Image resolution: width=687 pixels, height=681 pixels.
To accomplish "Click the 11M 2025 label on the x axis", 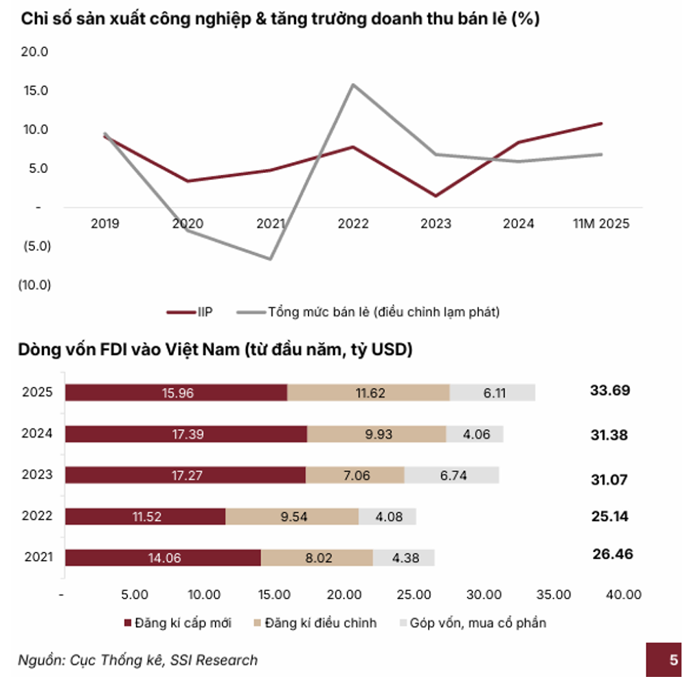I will point(601,224).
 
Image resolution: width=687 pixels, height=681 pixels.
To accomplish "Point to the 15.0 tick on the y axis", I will point(36,91).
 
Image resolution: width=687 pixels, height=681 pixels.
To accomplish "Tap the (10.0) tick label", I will point(34,284).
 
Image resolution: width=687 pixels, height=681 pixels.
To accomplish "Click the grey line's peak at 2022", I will point(353,84).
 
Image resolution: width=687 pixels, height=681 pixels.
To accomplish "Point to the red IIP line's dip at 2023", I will point(436,196).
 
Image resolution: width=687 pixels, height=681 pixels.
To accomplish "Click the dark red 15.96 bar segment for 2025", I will point(176,393).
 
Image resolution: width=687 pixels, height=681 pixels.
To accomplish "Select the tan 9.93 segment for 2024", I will point(376,434).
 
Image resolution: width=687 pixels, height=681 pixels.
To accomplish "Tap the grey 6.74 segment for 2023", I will point(451,475).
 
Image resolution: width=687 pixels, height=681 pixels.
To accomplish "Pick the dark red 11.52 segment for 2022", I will point(145,516).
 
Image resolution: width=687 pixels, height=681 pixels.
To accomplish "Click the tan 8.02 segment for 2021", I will point(317,558).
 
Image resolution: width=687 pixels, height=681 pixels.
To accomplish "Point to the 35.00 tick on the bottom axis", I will point(554,594).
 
